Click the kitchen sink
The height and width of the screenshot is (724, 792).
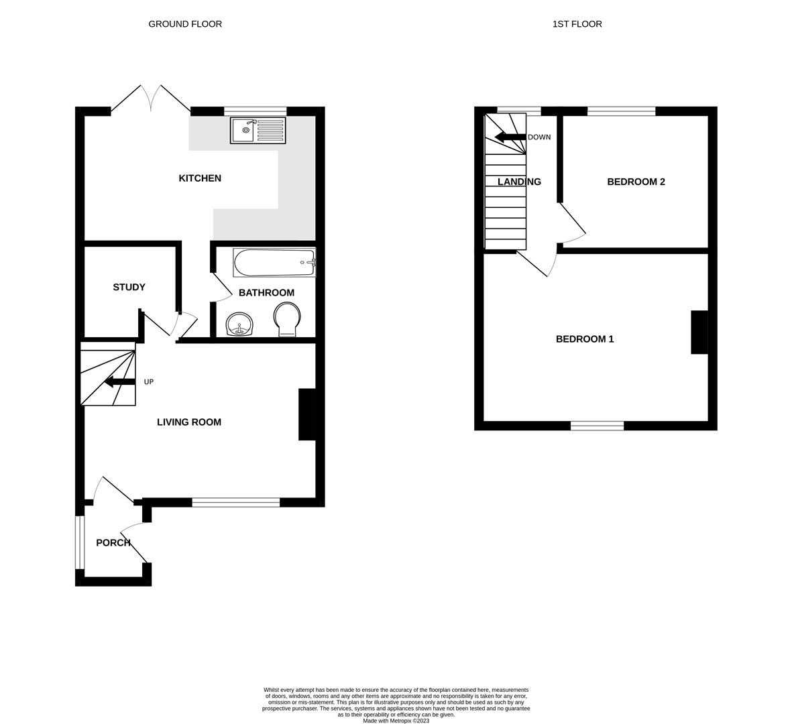point(258,130)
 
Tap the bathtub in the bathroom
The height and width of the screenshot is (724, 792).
point(274,263)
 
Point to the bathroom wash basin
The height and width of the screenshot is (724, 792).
point(240,324)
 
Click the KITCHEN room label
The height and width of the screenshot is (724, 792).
point(200,178)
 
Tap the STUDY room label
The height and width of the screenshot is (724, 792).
point(129,288)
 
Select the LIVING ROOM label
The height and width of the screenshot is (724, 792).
point(189,422)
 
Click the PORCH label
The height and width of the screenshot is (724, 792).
point(113,543)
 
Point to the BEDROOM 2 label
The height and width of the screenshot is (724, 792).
point(636,182)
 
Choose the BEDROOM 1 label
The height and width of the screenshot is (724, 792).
point(585,339)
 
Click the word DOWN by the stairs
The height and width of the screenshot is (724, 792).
point(539,137)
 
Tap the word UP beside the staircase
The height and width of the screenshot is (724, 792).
point(148,382)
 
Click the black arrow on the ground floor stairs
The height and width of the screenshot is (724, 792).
point(120,381)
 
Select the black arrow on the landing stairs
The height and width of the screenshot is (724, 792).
point(510,137)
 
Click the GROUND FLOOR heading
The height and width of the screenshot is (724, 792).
point(185,23)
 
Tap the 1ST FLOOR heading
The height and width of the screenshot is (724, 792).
point(577,23)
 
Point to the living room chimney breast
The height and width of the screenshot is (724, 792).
point(307,414)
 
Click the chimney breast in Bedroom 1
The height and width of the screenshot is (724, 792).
point(699,333)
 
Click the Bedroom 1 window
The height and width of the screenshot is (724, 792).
point(597,426)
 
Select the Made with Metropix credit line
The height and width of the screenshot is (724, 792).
point(396,721)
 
